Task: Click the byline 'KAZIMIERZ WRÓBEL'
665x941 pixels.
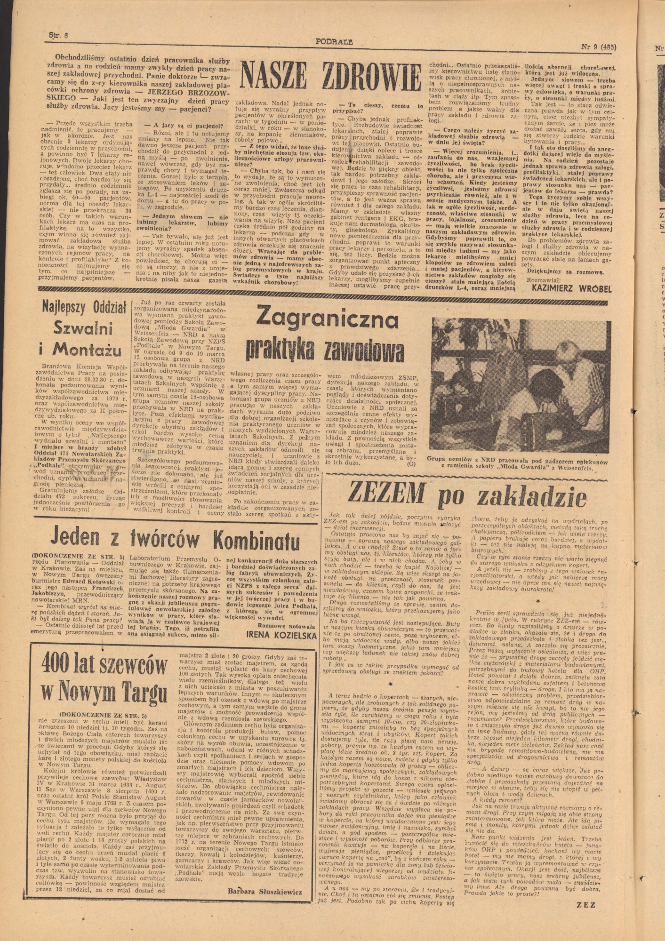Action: click(x=571, y=288)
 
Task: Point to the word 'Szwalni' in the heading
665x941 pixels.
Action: click(x=88, y=326)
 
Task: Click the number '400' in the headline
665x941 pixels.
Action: click(x=62, y=666)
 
